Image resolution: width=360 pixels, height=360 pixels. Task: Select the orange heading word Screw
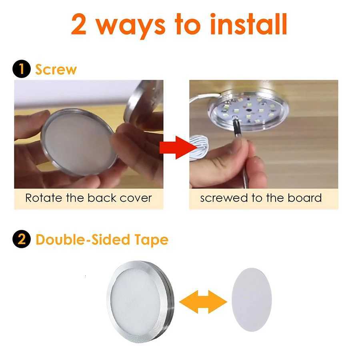[56, 69]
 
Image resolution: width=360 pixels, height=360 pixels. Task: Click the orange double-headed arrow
[203, 301]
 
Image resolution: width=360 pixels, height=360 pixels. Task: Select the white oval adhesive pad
[252, 300]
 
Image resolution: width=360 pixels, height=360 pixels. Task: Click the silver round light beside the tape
[140, 301]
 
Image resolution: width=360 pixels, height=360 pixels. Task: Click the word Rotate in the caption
[44, 198]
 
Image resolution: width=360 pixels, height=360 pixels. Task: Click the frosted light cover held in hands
[78, 143]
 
